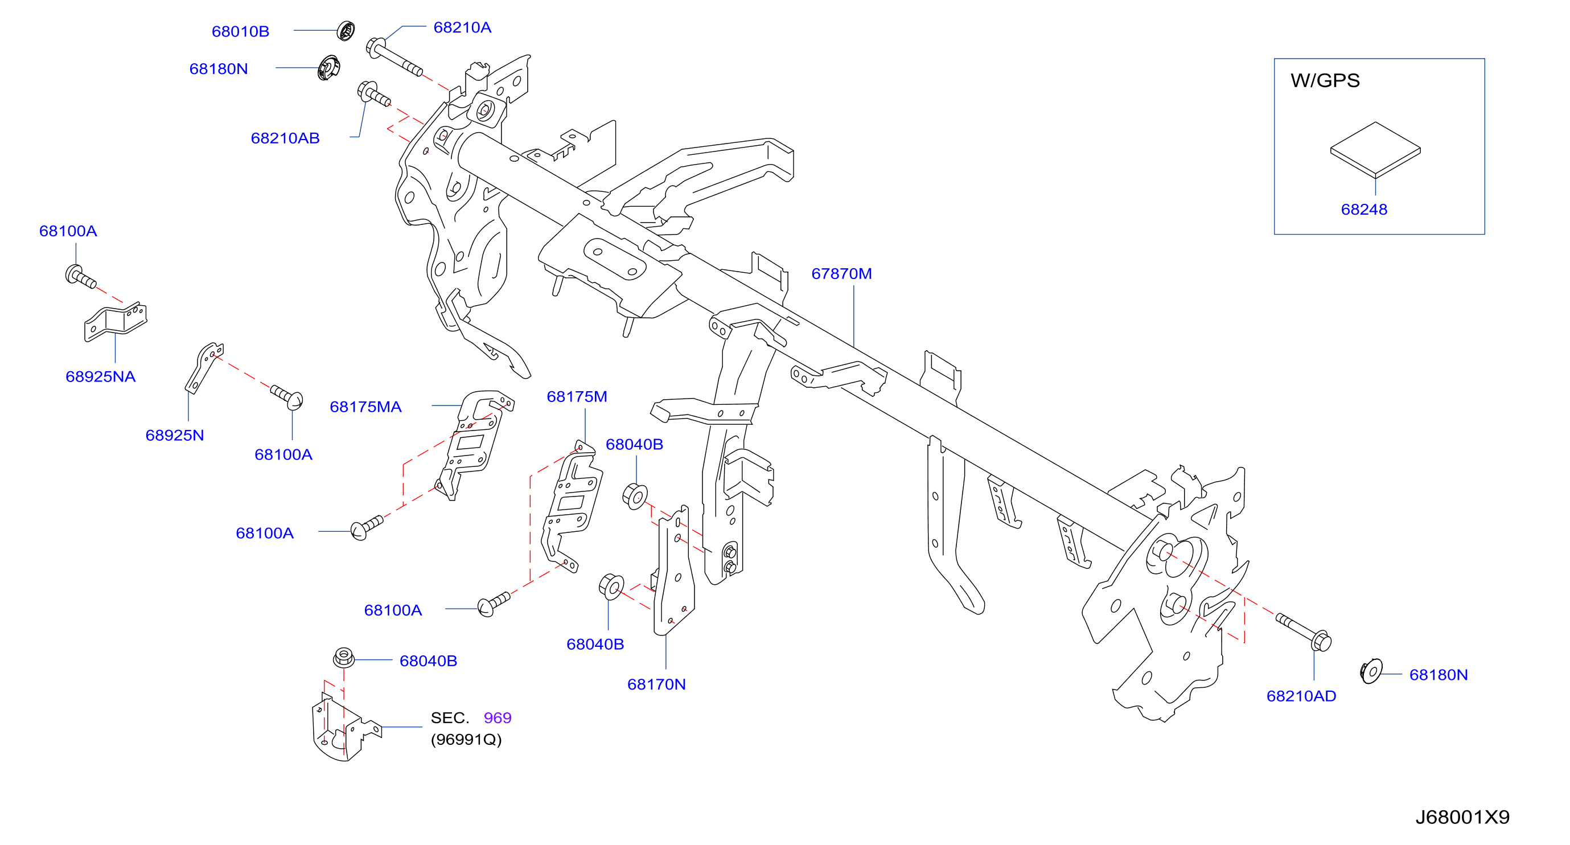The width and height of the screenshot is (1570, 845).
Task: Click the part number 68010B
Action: tap(240, 31)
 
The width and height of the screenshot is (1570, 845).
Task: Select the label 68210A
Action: tap(462, 27)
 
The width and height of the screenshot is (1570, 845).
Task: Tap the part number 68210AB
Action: tap(285, 138)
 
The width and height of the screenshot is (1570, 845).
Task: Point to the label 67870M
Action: tap(841, 274)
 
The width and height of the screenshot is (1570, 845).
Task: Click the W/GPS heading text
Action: tap(1325, 80)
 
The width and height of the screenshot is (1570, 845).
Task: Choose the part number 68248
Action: tap(1364, 210)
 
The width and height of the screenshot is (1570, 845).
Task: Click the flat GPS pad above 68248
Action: tap(1375, 150)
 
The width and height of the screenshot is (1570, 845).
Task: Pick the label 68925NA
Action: tap(101, 377)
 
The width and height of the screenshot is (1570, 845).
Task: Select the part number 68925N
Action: tap(174, 435)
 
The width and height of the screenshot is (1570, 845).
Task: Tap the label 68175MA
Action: tap(365, 407)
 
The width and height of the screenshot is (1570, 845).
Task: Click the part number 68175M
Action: tap(577, 397)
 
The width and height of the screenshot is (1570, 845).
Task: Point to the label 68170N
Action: tap(656, 684)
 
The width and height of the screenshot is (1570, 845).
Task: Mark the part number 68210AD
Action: tap(1301, 696)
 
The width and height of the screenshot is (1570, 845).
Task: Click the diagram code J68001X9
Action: tap(1462, 817)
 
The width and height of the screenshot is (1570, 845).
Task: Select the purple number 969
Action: tap(498, 718)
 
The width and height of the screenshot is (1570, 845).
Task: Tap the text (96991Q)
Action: tap(466, 740)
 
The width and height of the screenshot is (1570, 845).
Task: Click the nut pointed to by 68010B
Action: tap(346, 31)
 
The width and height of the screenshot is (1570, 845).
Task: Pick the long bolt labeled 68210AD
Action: tap(1304, 631)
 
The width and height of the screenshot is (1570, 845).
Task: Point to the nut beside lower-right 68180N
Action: tap(1371, 671)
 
